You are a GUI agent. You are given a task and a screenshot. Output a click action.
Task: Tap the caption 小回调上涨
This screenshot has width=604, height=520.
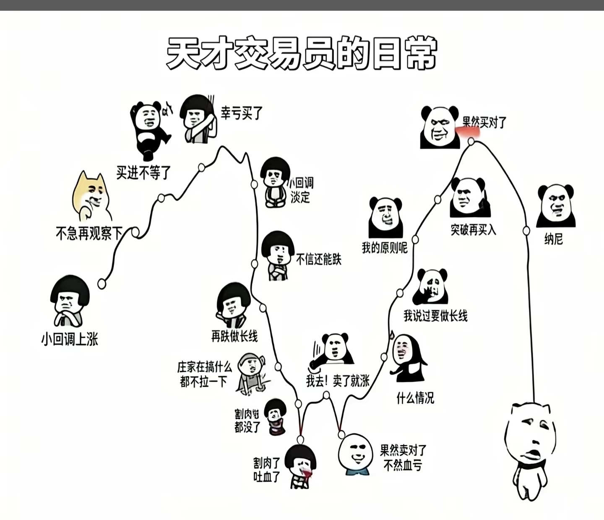pyautogui.click(x=70, y=339)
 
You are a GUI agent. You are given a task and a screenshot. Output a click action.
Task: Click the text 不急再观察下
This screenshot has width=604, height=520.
pyautogui.click(x=89, y=233)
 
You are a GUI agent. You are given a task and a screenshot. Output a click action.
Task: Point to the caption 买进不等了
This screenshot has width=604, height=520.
pyautogui.click(x=143, y=172)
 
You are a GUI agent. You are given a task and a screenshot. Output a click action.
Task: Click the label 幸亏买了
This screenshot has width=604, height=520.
pyautogui.click(x=242, y=113)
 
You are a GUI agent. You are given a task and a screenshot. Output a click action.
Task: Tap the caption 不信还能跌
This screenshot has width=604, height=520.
pyautogui.click(x=319, y=260)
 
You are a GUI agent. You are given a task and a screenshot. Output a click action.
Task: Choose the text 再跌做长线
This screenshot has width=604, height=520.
pyautogui.click(x=234, y=336)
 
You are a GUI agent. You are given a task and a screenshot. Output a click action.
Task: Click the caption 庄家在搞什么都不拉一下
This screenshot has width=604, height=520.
pyautogui.click(x=204, y=374)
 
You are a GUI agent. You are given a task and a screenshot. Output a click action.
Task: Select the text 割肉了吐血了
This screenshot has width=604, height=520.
pyautogui.click(x=266, y=470)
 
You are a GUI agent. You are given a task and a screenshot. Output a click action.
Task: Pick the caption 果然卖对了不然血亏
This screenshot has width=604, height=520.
pyautogui.click(x=403, y=458)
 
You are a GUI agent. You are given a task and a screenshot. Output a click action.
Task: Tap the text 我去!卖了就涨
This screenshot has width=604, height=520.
pyautogui.click(x=338, y=381)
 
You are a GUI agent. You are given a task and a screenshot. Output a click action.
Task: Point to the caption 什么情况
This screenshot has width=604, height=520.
pyautogui.click(x=415, y=398)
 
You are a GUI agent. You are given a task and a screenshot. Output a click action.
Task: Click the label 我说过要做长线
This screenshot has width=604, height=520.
pyautogui.click(x=435, y=316)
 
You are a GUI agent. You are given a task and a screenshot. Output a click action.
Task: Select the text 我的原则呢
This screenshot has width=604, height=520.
pyautogui.click(x=385, y=248)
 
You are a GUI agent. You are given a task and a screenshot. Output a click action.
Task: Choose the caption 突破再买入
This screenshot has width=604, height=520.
pyautogui.click(x=473, y=230)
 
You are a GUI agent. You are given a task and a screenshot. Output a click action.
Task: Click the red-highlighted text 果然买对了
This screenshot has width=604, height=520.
pyautogui.click(x=484, y=122)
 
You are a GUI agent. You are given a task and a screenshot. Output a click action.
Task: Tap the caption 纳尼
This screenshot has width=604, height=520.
pyautogui.click(x=553, y=239)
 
